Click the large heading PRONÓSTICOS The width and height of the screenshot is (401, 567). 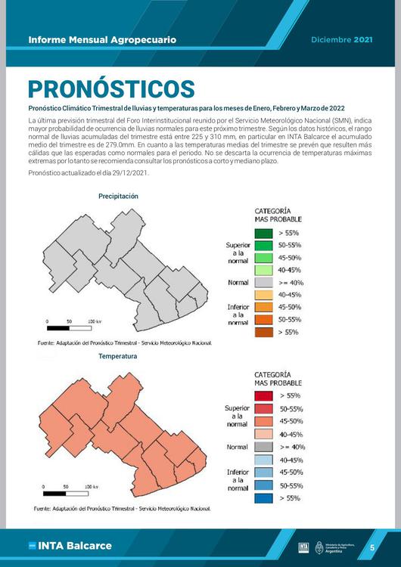tap(110, 88)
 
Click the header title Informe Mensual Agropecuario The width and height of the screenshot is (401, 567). tap(102, 39)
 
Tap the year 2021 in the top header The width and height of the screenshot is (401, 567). tap(363, 39)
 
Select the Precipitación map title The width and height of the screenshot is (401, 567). tap(118, 196)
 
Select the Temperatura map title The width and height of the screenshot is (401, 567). tap(117, 356)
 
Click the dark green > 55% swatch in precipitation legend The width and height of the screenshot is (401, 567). tap(263, 234)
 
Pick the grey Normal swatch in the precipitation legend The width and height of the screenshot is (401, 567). tap(263, 282)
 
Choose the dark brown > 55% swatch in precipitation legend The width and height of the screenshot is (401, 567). tap(263, 331)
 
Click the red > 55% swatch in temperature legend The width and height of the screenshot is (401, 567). tap(263, 395)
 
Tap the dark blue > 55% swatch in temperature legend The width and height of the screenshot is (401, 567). tap(263, 498)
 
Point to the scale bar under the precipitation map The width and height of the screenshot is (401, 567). tap(69, 328)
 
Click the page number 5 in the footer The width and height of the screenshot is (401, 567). tap(372, 547)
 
